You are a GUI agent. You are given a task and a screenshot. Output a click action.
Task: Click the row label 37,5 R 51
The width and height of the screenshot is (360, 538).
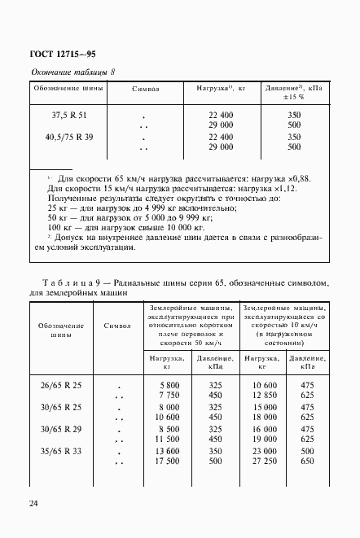point(69,116)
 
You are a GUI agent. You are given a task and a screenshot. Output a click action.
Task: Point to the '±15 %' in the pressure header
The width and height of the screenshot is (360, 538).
point(294,97)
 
